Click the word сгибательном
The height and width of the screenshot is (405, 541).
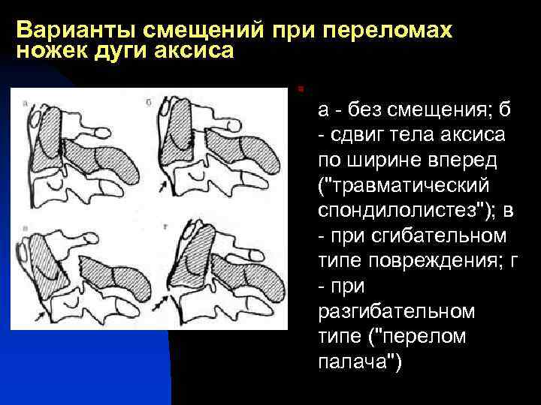click(431, 236)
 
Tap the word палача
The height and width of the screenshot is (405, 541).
click(358, 362)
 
